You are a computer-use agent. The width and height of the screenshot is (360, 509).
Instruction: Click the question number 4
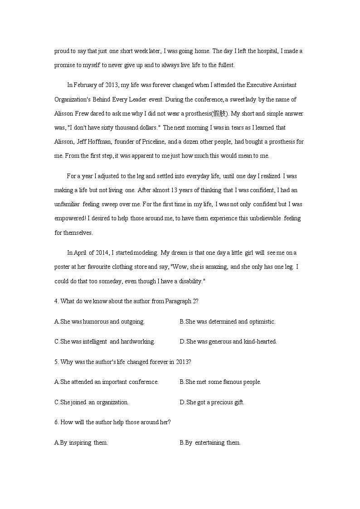tap(56, 301)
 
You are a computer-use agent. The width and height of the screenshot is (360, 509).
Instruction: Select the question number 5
tap(56, 362)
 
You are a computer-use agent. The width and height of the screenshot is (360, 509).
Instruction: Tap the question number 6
tap(56, 422)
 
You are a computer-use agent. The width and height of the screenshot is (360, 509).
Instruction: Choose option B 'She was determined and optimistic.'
tap(227, 321)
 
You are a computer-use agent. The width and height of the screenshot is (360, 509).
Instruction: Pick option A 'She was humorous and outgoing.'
tap(99, 321)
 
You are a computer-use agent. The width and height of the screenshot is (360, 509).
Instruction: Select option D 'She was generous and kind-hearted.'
tap(228, 341)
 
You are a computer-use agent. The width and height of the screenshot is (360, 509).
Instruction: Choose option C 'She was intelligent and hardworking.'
tap(104, 341)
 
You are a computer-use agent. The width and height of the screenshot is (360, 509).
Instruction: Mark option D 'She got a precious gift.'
tap(212, 402)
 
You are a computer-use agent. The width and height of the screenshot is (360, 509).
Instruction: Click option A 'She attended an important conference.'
tap(106, 382)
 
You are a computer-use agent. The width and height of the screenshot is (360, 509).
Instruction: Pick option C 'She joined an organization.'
tap(91, 402)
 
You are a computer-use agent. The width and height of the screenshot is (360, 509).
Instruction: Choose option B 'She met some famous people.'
tap(220, 382)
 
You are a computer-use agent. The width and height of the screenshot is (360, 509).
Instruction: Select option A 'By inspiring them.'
tap(81, 442)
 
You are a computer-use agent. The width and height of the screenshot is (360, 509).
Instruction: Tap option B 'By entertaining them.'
tap(210, 442)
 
